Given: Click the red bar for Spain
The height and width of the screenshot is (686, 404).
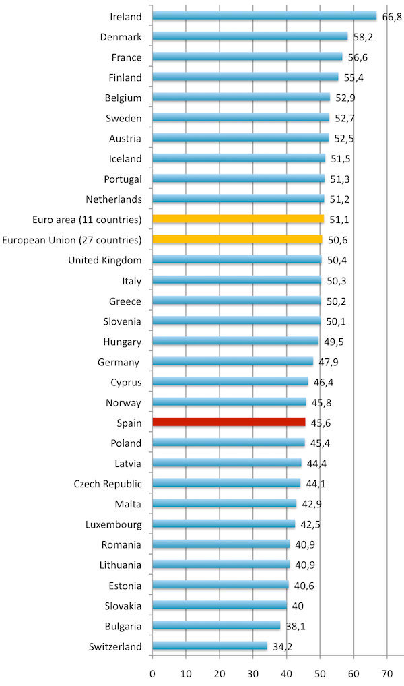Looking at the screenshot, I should (229, 423).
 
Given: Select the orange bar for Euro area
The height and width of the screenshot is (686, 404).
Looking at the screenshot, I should (238, 219).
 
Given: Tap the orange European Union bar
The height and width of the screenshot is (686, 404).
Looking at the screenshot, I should (237, 239).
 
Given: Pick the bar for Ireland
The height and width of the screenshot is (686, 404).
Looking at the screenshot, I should (265, 15).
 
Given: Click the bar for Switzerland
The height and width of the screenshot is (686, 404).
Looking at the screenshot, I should (210, 646).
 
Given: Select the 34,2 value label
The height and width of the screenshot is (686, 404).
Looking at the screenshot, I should (283, 647).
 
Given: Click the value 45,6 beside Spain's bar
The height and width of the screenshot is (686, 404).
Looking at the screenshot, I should (321, 423).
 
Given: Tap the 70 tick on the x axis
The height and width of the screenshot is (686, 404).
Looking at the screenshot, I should (386, 673).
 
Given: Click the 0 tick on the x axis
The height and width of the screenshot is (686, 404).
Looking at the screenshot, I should (153, 673).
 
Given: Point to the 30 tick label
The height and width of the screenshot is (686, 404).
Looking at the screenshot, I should (253, 673).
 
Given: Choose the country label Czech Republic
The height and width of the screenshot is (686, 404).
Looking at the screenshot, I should (108, 484).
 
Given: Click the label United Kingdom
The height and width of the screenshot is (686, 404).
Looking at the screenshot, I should (105, 260).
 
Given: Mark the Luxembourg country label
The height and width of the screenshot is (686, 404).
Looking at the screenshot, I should (114, 524).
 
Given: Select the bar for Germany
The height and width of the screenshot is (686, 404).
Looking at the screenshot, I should (233, 361).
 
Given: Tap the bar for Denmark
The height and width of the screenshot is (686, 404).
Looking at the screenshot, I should (250, 36).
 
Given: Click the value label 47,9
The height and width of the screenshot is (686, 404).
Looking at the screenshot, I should (329, 362).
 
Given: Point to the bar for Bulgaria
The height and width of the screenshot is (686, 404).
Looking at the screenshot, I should (216, 626).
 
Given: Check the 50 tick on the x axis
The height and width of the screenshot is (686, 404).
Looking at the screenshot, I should (320, 673).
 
